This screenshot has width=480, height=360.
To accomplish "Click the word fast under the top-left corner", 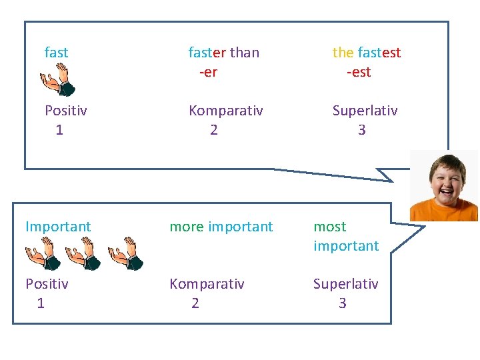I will click(x=56, y=52).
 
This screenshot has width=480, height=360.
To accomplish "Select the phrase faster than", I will click(x=224, y=52).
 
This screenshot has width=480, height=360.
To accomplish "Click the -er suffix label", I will click(x=208, y=72).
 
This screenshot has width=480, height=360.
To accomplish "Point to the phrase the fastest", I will click(x=367, y=52).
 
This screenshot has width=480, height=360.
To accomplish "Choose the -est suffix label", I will click(x=359, y=72).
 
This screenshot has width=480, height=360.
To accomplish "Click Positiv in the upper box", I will click(x=65, y=111).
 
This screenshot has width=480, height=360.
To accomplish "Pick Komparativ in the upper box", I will click(x=225, y=111).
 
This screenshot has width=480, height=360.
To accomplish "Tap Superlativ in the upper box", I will click(x=365, y=111).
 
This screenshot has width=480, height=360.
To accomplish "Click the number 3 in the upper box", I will click(x=361, y=130).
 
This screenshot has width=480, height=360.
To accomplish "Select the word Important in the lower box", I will click(x=58, y=227).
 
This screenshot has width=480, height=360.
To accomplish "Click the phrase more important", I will click(x=221, y=227).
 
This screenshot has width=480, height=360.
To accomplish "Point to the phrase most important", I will click(x=346, y=236).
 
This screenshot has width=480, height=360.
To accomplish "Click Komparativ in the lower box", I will click(x=207, y=284).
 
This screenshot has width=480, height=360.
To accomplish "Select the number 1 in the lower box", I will click(x=41, y=303).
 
